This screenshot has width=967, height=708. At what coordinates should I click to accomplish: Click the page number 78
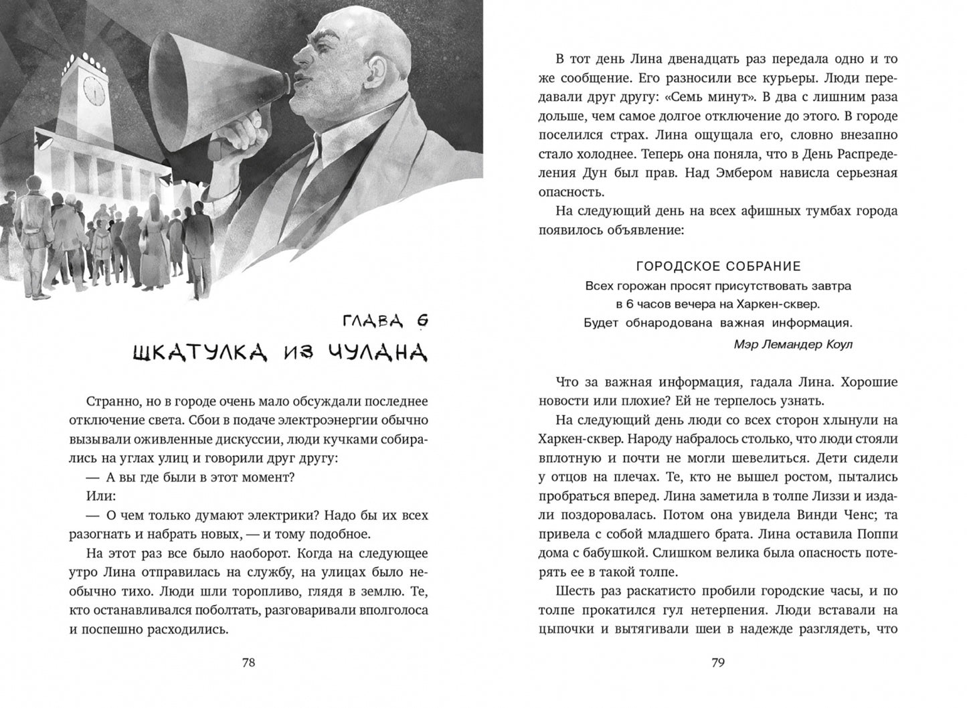click(248, 663)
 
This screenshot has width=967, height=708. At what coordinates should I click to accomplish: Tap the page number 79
click(717, 663)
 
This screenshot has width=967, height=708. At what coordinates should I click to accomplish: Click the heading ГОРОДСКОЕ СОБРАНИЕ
click(717, 266)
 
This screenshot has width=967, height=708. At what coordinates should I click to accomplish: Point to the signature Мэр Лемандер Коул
click(793, 344)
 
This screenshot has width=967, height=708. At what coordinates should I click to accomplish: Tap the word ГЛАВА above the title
click(372, 323)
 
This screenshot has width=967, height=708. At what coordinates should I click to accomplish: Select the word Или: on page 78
click(101, 497)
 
